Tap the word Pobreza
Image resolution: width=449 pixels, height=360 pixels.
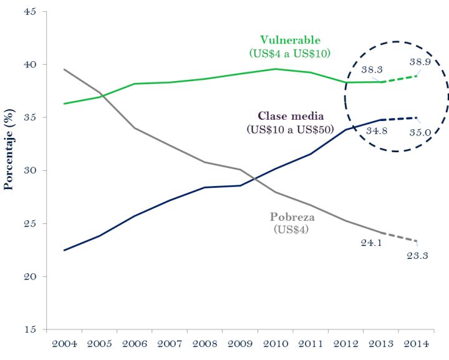click(292, 217)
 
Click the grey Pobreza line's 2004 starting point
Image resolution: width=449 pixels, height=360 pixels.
click(65, 69)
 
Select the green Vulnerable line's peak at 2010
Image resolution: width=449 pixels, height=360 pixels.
click(276, 69)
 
